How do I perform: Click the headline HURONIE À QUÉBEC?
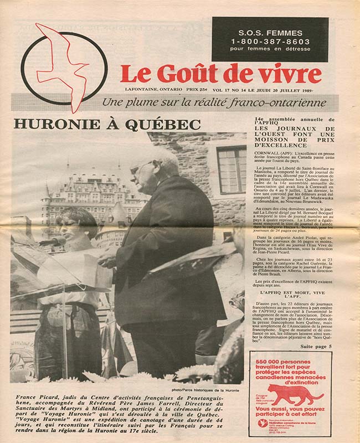tap(107, 124)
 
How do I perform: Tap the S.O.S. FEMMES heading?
tap(270, 32)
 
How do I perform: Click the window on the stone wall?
tap(230, 168)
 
